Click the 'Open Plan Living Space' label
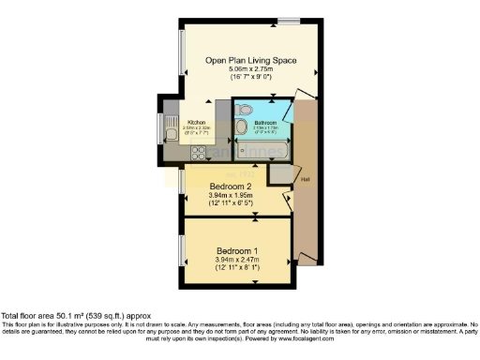250,60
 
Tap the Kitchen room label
197,123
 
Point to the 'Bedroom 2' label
231,187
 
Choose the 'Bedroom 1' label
238,250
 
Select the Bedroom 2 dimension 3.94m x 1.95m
231,196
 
